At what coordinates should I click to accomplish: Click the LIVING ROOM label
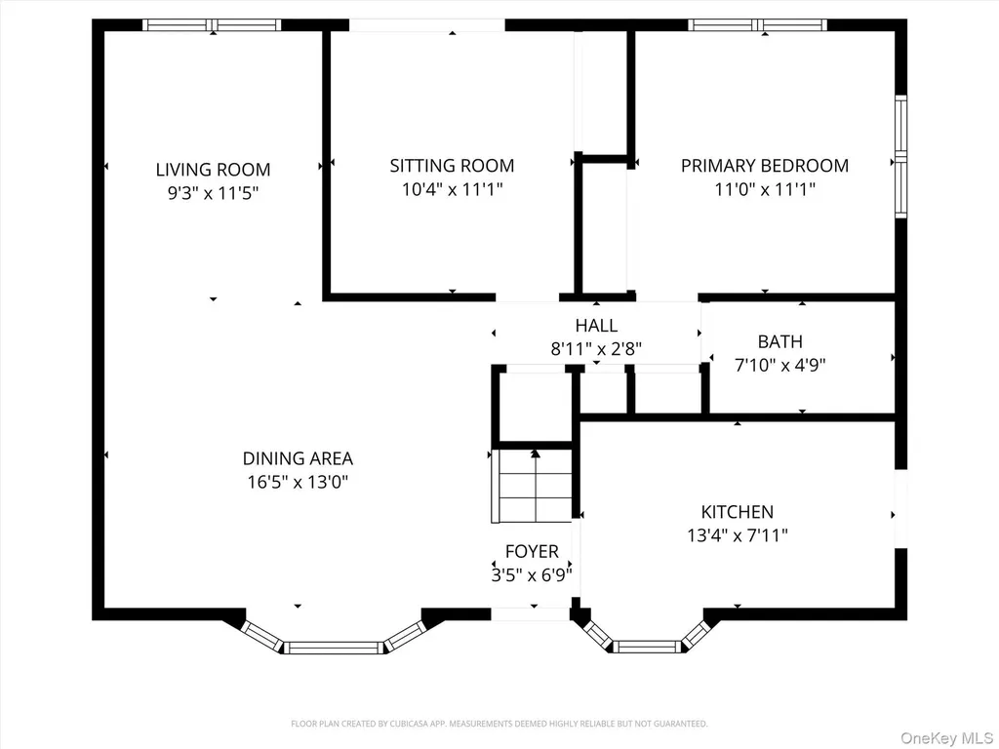pos(213,170)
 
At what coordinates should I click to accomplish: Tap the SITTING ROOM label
pos(452,166)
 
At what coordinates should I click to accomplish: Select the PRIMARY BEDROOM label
pos(765,166)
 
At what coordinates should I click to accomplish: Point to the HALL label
pos(596,326)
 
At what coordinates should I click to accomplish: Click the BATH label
pos(779,341)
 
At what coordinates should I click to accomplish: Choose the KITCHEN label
pos(738,511)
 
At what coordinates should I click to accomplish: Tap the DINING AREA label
pos(298,458)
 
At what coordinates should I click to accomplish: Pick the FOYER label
pos(532,551)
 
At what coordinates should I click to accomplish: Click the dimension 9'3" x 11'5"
pos(213,193)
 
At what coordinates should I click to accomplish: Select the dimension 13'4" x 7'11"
pos(738,535)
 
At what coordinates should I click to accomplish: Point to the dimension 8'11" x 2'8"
pos(596,349)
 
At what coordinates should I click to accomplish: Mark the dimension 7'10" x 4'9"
pos(779,365)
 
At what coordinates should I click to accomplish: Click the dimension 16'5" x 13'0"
pos(298,482)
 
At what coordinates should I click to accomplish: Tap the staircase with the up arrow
pos(535,486)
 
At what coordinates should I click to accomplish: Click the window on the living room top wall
pos(212,24)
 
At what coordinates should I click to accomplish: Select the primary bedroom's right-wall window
pos(900,157)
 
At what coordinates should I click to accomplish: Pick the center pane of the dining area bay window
pos(334,648)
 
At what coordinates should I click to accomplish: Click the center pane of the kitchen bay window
pos(648,647)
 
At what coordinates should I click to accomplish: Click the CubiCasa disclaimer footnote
pos(499,724)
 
